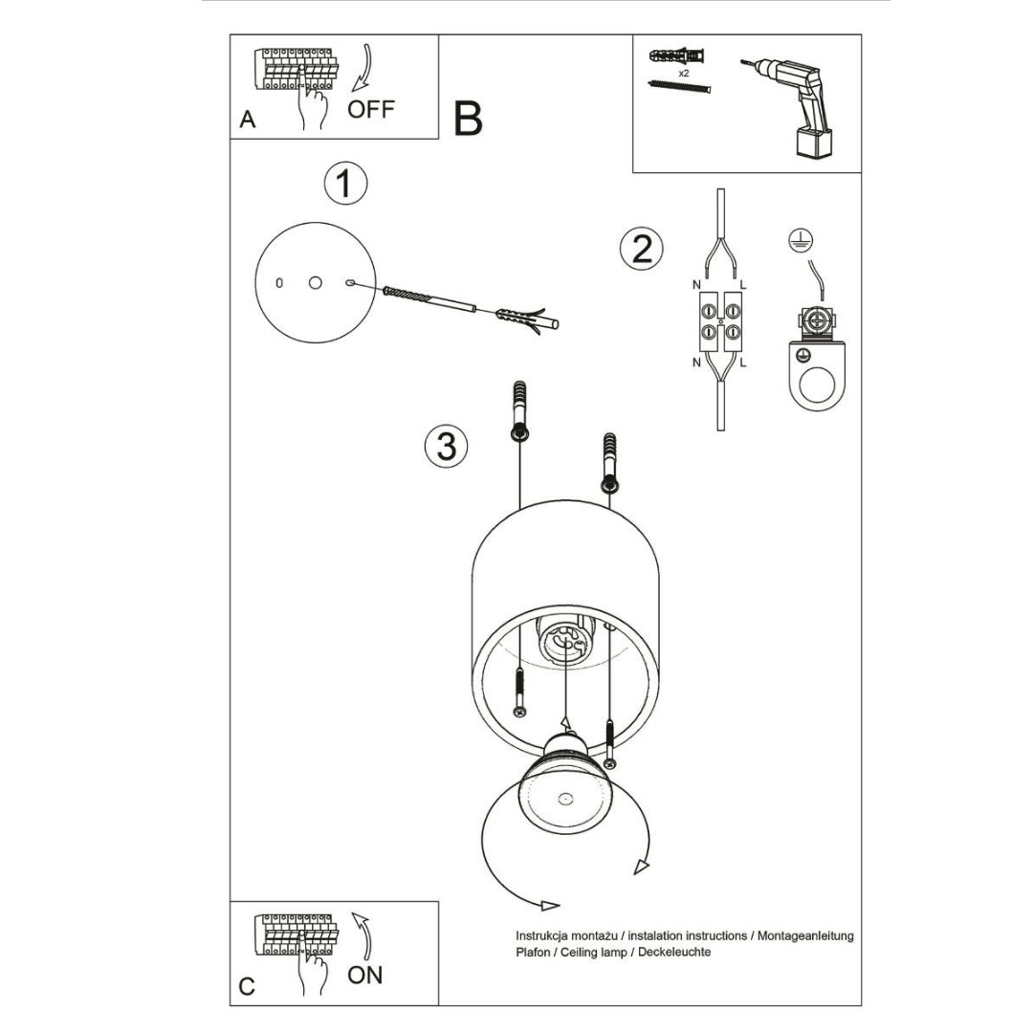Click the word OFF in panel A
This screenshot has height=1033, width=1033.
(x=370, y=108)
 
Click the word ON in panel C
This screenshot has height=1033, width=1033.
(x=365, y=975)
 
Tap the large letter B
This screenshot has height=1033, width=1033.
(x=468, y=120)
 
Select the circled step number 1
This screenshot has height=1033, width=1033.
(x=344, y=183)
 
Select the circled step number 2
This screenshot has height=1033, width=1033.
(x=641, y=248)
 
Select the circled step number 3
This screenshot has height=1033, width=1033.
(x=446, y=446)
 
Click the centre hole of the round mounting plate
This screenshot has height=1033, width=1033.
(x=315, y=282)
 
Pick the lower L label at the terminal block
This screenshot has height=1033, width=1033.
(x=743, y=363)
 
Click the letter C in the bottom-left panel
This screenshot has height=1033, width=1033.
(x=248, y=986)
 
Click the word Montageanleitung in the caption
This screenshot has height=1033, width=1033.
(x=805, y=935)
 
